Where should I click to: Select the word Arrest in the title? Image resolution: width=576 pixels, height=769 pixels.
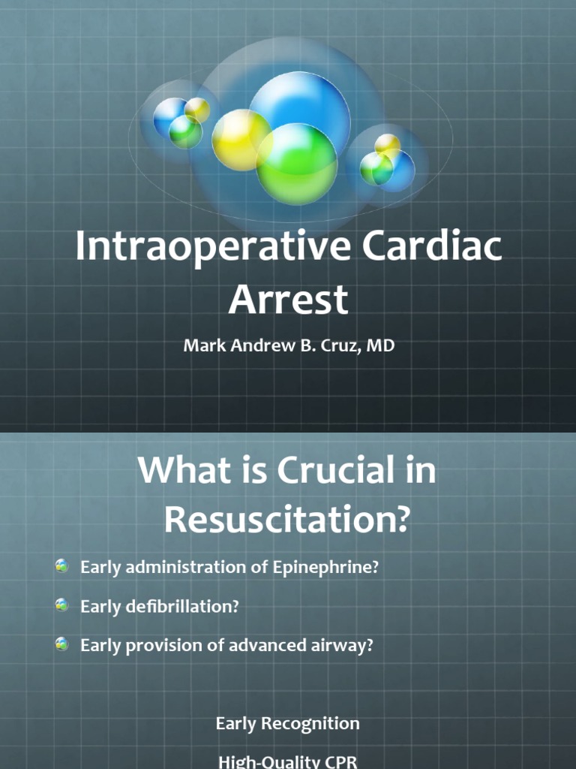pyautogui.click(x=288, y=299)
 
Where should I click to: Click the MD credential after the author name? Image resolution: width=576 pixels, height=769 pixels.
pyautogui.click(x=381, y=348)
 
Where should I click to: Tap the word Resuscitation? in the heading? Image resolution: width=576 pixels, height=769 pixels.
pyautogui.click(x=288, y=518)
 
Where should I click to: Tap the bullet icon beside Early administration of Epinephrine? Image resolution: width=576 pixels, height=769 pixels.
pyautogui.click(x=62, y=567)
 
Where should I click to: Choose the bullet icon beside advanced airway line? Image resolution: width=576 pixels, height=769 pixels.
pyautogui.click(x=62, y=644)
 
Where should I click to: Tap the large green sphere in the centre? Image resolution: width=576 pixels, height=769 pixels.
pyautogui.click(x=297, y=164)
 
